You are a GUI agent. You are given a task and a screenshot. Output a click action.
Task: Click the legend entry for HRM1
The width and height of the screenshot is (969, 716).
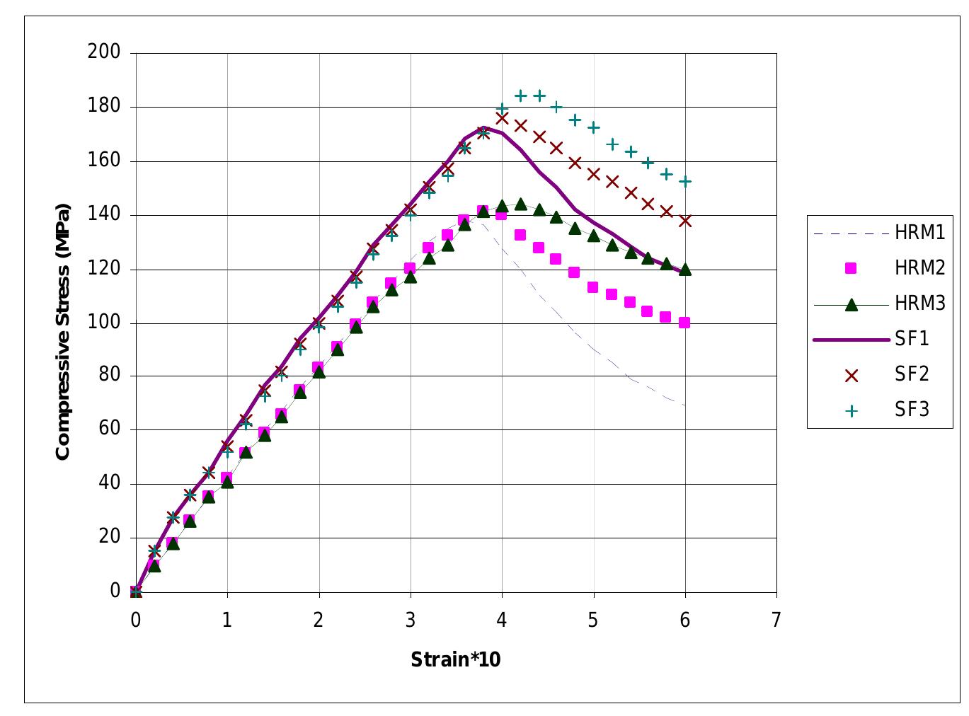pyautogui.click(x=919, y=233)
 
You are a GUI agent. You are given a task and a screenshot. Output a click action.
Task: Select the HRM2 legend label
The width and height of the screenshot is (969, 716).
pyautogui.click(x=919, y=268)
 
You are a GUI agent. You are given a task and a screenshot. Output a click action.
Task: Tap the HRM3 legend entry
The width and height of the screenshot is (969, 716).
pyautogui.click(x=919, y=304)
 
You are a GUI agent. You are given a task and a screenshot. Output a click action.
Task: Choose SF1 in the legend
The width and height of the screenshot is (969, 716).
pyautogui.click(x=912, y=339)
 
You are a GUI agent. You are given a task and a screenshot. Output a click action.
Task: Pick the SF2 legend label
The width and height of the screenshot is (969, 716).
pyautogui.click(x=912, y=374)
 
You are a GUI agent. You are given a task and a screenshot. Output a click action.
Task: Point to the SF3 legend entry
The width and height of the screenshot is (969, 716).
pyautogui.click(x=912, y=410)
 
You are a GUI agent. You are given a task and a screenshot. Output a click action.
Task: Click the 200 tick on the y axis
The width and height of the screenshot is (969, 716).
pyautogui.click(x=104, y=52)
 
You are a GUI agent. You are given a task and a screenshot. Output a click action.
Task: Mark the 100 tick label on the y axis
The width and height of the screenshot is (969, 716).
pyautogui.click(x=104, y=322)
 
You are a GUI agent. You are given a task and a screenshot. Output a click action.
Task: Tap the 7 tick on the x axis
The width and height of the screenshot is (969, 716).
pyautogui.click(x=776, y=620)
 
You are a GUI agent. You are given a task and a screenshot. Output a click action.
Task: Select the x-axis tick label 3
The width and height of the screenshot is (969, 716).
pyautogui.click(x=410, y=620)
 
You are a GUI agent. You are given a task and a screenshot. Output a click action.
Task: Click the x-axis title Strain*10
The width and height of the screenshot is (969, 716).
pyautogui.click(x=456, y=660)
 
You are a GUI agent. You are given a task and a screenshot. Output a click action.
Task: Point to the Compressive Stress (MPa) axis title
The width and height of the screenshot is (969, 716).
pyautogui.click(x=63, y=331)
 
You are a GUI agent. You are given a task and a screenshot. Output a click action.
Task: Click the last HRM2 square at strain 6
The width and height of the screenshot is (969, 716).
pyautogui.click(x=684, y=323)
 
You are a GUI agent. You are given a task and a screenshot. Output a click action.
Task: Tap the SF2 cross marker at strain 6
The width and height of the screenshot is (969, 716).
pyautogui.click(x=684, y=221)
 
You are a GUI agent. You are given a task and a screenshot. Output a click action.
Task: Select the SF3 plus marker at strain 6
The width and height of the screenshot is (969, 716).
pyautogui.click(x=684, y=182)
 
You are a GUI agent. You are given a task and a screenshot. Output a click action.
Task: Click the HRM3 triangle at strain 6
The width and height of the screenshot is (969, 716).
pyautogui.click(x=684, y=269)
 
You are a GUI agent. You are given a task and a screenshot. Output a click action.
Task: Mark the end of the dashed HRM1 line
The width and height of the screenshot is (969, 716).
pyautogui.click(x=684, y=405)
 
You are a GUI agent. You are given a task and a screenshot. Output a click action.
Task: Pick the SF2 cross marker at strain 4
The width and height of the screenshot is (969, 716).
pyautogui.click(x=502, y=117)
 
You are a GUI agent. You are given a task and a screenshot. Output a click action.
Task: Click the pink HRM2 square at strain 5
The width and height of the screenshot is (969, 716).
pyautogui.click(x=593, y=287)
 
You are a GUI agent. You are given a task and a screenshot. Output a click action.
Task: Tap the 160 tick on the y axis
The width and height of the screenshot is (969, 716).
pyautogui.click(x=104, y=160)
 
